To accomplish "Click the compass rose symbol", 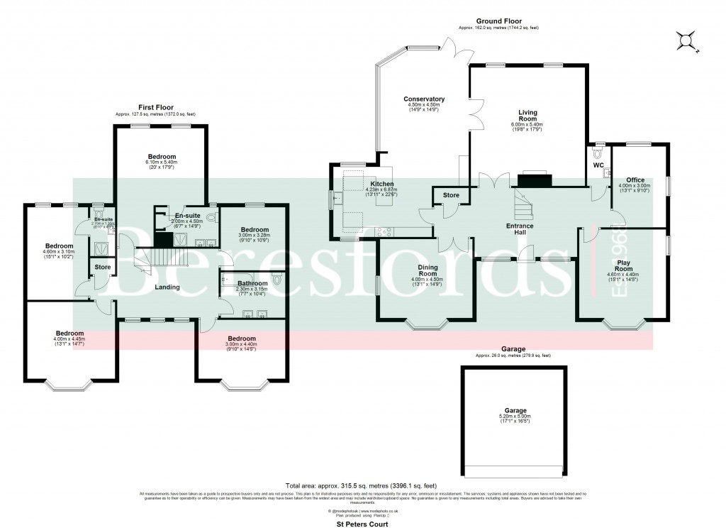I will point(686,41).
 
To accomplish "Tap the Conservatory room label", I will point(424,99).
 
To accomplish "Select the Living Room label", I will point(527,112).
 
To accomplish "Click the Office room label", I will point(635,180).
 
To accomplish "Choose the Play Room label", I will point(623,265).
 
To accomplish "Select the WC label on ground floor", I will point(597,166).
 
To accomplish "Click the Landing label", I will point(167,287).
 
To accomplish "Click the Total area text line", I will point(362,485).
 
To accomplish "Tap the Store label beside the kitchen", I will point(450,194).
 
